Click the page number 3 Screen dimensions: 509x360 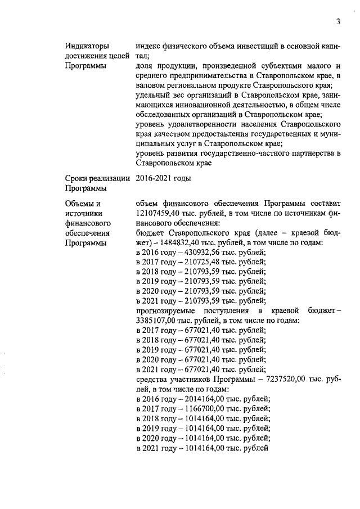(x=338, y=22)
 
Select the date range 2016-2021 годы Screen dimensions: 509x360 (x=164, y=179)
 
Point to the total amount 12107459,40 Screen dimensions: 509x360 (x=161, y=213)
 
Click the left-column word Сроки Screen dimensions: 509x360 (x=78, y=179)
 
